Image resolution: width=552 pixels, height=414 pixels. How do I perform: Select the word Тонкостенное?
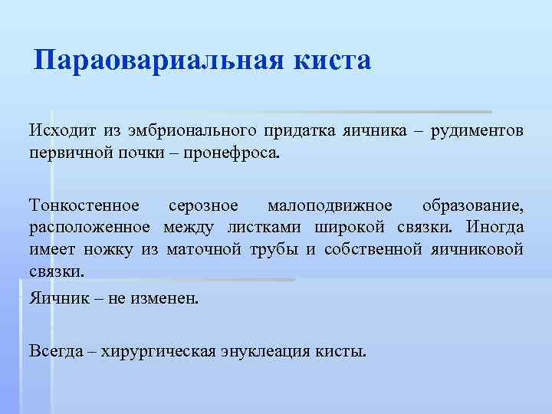[84, 206]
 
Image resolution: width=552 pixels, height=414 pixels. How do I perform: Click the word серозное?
[203, 206]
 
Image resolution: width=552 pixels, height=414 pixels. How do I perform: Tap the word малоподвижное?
[330, 206]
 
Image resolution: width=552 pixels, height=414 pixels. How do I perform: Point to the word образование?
[472, 206]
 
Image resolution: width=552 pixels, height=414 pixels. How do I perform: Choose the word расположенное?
[92, 228]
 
